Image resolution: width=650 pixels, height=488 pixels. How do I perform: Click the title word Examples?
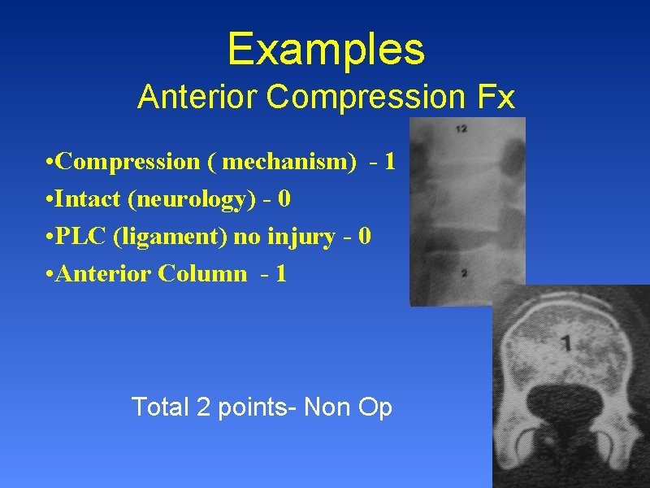(326, 49)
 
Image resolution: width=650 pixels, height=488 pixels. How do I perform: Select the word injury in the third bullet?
(301, 237)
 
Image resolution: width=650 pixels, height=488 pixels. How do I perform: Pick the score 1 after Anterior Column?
(281, 273)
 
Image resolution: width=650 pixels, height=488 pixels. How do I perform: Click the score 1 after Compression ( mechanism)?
(390, 162)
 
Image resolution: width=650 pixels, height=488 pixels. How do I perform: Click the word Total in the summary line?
(160, 406)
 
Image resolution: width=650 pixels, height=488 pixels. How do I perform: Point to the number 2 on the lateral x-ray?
(463, 273)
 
